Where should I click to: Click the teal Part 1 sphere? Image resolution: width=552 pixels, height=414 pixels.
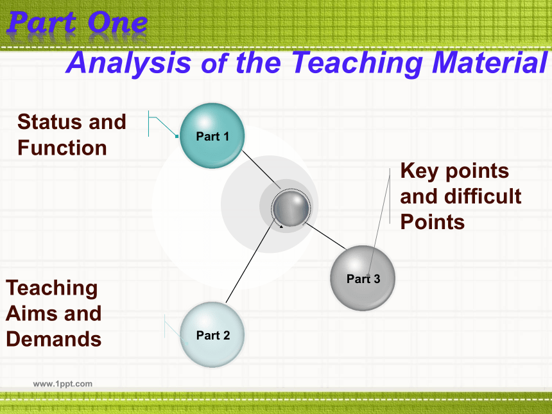click(x=212, y=135)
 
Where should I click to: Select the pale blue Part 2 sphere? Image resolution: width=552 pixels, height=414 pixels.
click(x=212, y=334)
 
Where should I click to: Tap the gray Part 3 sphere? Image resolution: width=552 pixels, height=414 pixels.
click(x=363, y=278)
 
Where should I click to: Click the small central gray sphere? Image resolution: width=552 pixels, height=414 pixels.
click(x=291, y=208)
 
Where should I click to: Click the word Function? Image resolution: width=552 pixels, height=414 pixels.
click(x=62, y=148)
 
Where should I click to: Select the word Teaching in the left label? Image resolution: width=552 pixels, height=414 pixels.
click(x=51, y=289)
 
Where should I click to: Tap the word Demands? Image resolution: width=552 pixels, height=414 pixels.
click(x=53, y=340)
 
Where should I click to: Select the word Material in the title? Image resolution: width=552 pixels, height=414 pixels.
click(x=490, y=62)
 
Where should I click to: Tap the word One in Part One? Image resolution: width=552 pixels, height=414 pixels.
click(x=117, y=22)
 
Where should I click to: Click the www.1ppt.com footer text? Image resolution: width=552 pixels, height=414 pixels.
click(x=63, y=384)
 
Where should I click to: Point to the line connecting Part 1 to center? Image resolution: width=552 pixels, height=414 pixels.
click(x=261, y=169)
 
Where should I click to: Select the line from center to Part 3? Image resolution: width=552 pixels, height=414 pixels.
click(x=326, y=236)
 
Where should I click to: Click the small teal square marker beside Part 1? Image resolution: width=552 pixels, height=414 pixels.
click(x=177, y=136)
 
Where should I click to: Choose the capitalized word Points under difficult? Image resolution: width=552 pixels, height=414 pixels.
click(x=433, y=222)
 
